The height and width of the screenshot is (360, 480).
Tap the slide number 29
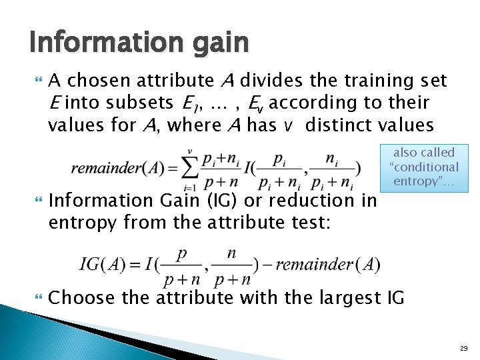464,348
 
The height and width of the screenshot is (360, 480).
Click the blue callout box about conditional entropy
424,167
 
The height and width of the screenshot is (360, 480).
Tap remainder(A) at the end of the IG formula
337,265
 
